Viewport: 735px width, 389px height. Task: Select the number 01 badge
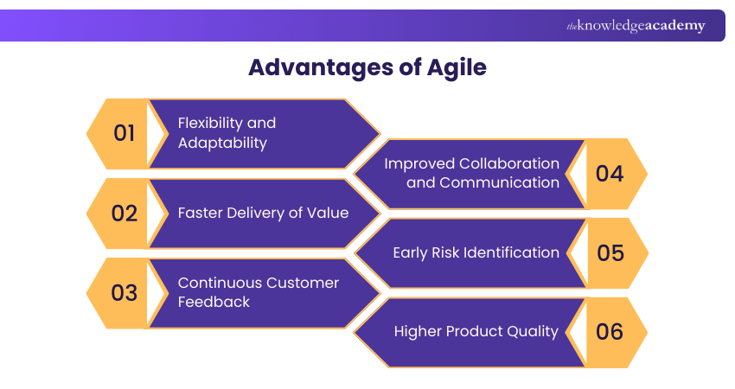click(x=125, y=133)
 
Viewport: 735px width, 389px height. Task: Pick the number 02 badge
click(x=125, y=213)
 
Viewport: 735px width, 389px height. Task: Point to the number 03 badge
click(x=125, y=292)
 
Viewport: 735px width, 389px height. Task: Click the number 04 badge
click(x=610, y=173)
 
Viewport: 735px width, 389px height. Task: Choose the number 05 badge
click(x=610, y=252)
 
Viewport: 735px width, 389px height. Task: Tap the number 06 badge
click(x=610, y=332)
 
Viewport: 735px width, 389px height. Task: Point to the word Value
click(x=329, y=213)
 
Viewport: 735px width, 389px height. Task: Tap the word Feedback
click(x=214, y=302)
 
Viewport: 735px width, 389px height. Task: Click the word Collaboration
click(x=509, y=163)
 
